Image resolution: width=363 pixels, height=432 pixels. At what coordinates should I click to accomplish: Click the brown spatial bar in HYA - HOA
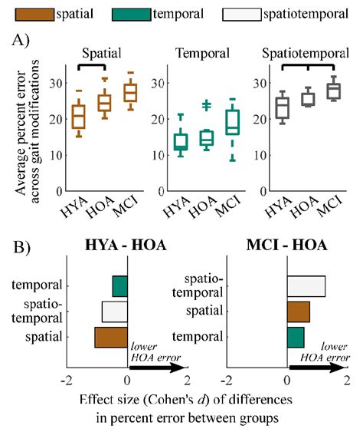(111, 338)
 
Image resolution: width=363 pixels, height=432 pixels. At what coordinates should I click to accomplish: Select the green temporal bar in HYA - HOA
(119, 286)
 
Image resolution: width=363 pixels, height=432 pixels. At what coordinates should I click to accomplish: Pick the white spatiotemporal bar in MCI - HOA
(306, 286)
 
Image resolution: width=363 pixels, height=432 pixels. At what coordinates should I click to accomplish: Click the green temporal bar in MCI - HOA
(295, 337)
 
